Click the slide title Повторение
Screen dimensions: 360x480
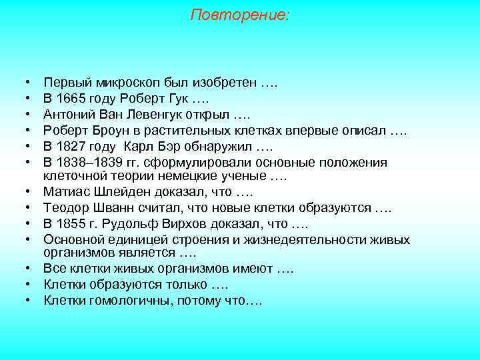click(240, 15)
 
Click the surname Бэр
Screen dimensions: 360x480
click(175, 145)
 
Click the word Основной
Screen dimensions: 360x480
click(71, 238)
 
